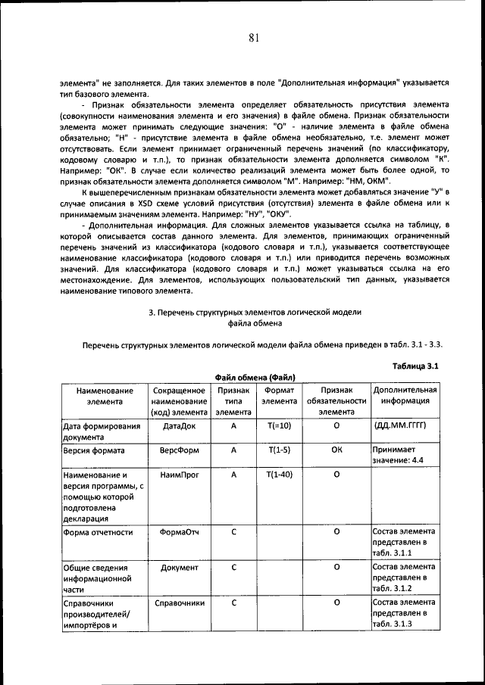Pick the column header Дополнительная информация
tap(405, 396)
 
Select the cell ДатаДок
tap(180, 426)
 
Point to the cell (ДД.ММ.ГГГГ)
tap(401, 426)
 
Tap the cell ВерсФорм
tap(180, 450)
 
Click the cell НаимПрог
tap(180, 474)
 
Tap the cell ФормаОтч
tap(180, 532)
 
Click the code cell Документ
tap(180, 567)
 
